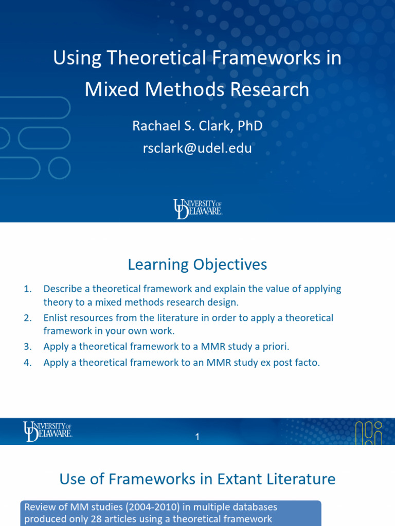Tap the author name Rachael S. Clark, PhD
pos(197,125)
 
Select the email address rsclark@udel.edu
pos(197,148)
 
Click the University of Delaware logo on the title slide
pos(197,209)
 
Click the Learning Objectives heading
pos(197,265)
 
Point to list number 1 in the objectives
pos(28,289)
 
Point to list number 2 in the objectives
pos(28,318)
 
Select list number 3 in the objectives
pos(28,347)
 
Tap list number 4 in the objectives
pos(28,363)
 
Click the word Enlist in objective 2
pos(57,318)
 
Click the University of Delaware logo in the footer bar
pos(47,430)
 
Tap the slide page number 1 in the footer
pos(197,437)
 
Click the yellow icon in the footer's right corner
pos(369,432)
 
